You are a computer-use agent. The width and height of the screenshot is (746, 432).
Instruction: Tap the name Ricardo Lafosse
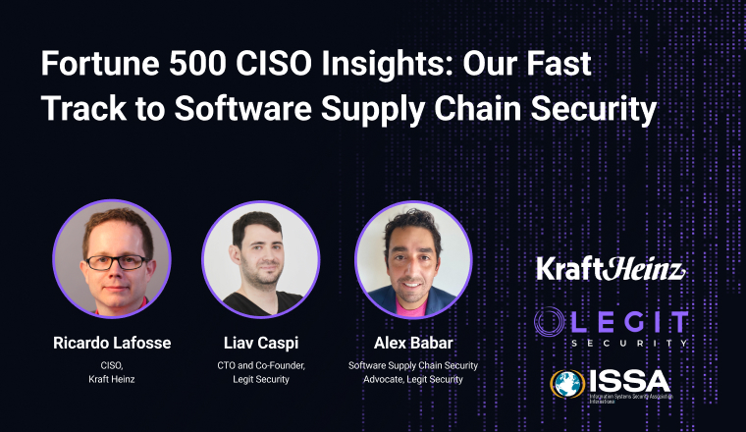tap(111, 343)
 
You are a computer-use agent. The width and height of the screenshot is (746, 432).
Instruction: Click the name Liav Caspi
tap(259, 343)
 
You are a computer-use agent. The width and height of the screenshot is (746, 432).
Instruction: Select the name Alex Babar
tap(412, 343)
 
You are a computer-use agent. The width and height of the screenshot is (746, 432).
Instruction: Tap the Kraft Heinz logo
tap(610, 268)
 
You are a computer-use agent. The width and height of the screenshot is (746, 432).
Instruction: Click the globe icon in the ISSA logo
tap(566, 384)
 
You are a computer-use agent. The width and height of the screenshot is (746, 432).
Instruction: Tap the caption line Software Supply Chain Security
tap(412, 365)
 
